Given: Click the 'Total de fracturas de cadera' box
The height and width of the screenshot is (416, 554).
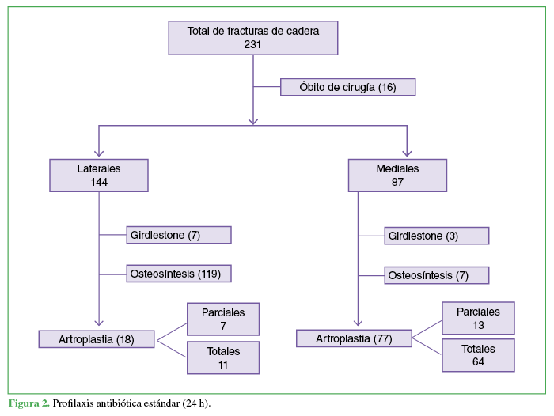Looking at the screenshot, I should click(x=253, y=37).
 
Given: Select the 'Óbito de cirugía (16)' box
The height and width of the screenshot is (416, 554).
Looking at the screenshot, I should click(x=347, y=86).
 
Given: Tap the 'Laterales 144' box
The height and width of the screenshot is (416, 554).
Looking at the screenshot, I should click(x=98, y=175).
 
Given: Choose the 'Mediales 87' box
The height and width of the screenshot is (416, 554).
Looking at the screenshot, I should click(x=397, y=175).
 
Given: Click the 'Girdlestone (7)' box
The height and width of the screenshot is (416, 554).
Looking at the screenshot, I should click(x=179, y=235).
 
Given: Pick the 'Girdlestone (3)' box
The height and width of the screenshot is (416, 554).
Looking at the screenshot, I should click(x=436, y=236).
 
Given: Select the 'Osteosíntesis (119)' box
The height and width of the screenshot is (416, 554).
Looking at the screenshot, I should click(x=179, y=274).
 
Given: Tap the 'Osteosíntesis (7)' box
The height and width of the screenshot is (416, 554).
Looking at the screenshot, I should click(x=436, y=275).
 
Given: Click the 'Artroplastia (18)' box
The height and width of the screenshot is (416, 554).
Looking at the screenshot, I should click(x=97, y=339).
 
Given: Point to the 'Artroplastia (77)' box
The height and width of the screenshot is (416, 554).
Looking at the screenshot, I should click(x=355, y=338).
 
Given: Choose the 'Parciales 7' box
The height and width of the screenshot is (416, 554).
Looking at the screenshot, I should click(x=222, y=319).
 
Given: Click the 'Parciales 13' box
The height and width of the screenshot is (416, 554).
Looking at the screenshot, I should click(x=478, y=318).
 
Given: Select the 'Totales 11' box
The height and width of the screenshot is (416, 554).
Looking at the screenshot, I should click(x=222, y=357).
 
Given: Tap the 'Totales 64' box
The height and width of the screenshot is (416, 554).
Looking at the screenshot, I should click(x=478, y=355).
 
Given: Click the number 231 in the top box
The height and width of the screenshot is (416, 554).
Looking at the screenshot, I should click(x=253, y=45).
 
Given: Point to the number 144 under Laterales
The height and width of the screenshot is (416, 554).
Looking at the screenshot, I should click(x=98, y=182).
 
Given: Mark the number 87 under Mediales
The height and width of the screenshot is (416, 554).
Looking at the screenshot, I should click(x=397, y=182).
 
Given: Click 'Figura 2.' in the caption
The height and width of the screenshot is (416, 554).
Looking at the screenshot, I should click(x=29, y=403).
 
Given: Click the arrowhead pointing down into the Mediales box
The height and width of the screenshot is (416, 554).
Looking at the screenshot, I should click(x=407, y=153).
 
